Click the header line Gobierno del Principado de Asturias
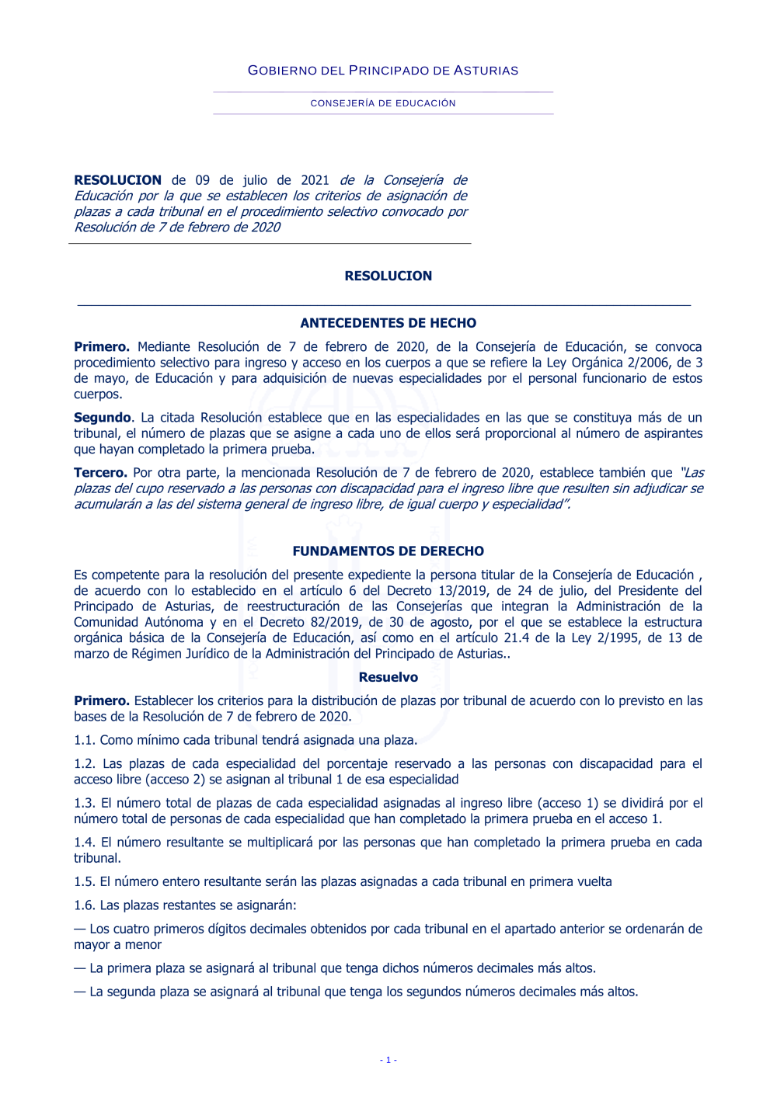(x=383, y=71)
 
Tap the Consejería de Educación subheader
(x=383, y=103)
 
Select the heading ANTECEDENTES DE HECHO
(x=388, y=323)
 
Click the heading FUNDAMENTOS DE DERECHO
(x=388, y=551)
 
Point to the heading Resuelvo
(x=388, y=677)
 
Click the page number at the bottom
(x=388, y=1060)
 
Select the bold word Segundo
(x=103, y=418)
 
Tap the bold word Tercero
(x=100, y=473)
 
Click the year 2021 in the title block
(x=315, y=180)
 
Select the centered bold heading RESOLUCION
(x=388, y=276)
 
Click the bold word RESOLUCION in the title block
(x=118, y=180)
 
